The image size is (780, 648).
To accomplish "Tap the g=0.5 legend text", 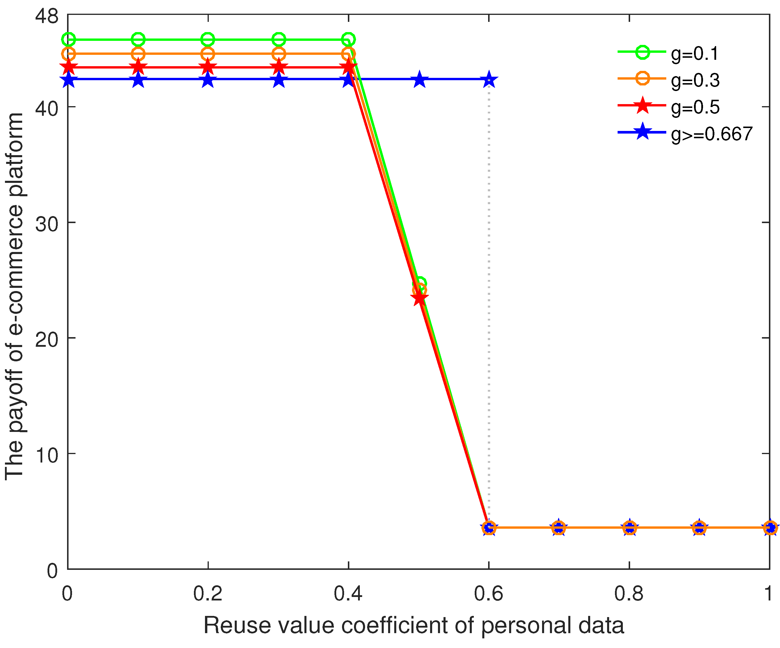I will (x=695, y=107).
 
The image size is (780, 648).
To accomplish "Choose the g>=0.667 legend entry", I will (x=711, y=134).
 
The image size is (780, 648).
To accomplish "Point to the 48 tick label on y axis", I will (x=47, y=16).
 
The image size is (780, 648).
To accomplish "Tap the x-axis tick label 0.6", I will (x=488, y=593).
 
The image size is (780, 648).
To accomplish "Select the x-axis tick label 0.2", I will (x=208, y=593).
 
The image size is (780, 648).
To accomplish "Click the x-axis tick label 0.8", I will (x=629, y=593).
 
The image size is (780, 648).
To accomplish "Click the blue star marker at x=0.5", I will (x=419, y=80).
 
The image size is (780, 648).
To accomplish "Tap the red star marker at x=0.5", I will (x=419, y=298).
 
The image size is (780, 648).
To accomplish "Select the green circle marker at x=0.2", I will (x=208, y=39).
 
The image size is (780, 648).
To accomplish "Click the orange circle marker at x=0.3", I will (x=278, y=54).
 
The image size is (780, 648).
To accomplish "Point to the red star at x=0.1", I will (x=138, y=67).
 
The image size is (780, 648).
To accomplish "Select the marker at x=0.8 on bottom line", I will (x=629, y=528).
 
